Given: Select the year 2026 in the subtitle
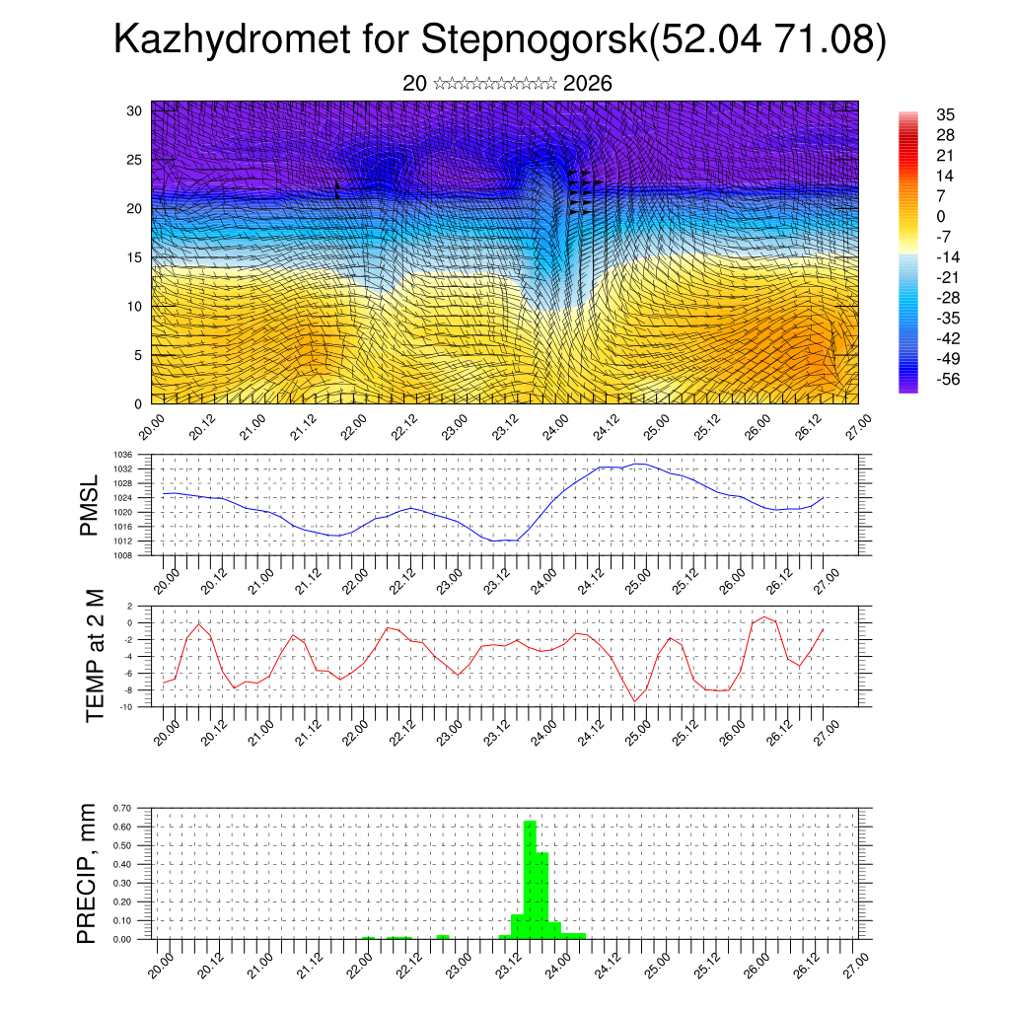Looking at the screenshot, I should click(x=588, y=84).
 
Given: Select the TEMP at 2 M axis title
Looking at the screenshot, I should click(x=96, y=655).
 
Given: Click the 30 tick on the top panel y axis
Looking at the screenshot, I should click(x=134, y=110).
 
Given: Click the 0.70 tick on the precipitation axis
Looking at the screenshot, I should click(x=122, y=808).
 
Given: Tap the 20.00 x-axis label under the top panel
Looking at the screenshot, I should click(x=151, y=426).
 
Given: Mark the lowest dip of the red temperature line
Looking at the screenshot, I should click(x=635, y=701).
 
